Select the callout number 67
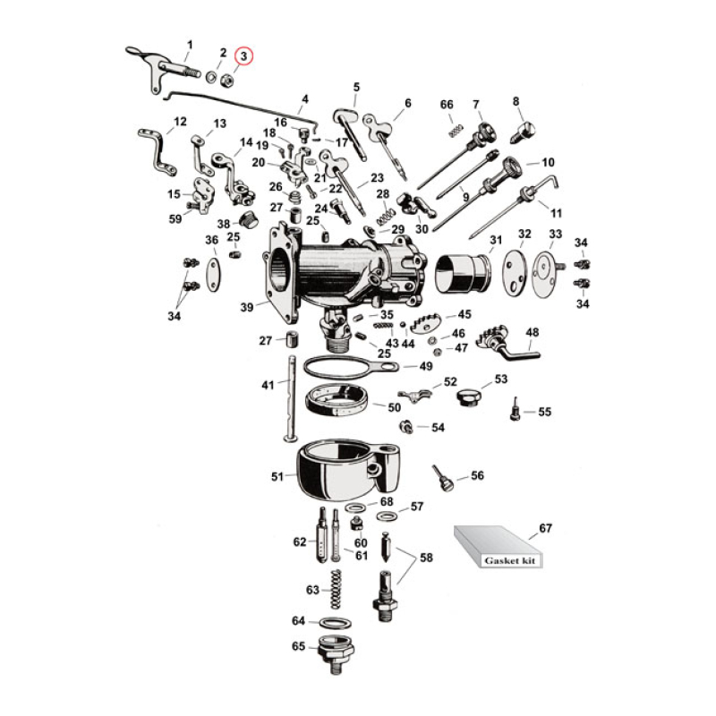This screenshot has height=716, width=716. tap(545, 529)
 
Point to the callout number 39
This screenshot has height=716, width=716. tap(246, 306)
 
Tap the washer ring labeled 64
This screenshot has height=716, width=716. tap(334, 621)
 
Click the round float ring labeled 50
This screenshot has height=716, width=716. tap(341, 399)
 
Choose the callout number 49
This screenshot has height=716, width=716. tap(426, 366)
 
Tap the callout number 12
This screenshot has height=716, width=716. tap(180, 121)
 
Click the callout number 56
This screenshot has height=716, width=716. tap(478, 475)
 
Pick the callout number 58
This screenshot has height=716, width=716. tap(426, 557)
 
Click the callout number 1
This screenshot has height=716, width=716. tap(189, 45)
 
